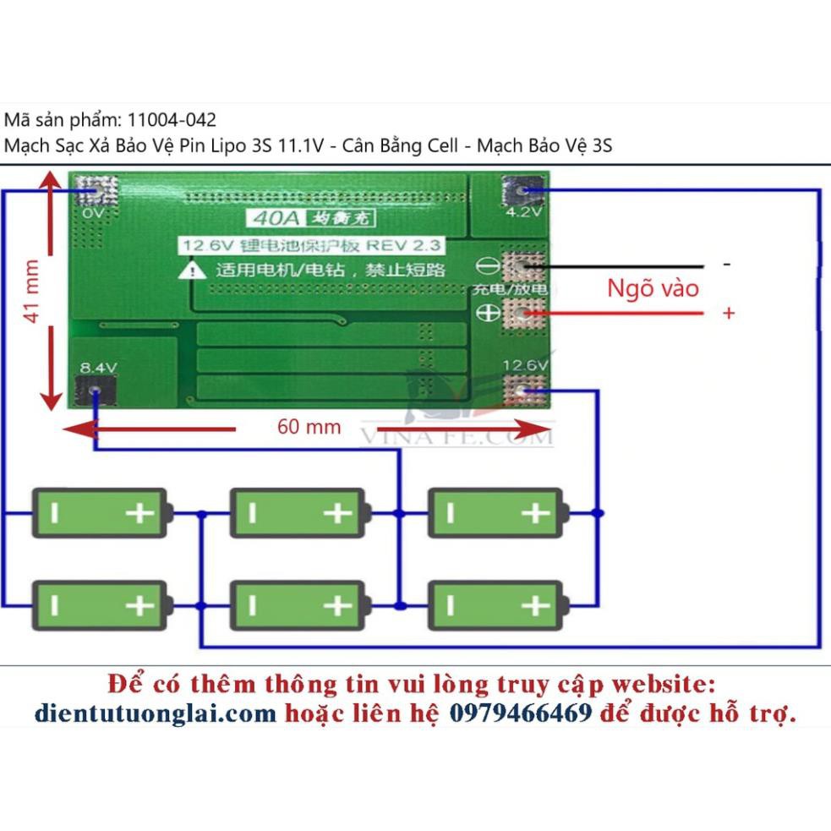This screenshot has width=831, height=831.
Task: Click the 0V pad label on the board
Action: pos(94,214)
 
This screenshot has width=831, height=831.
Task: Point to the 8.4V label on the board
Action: pos(97,368)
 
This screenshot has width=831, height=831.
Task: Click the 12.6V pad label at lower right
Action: pos(526,365)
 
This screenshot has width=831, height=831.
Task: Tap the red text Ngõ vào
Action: pos(653,288)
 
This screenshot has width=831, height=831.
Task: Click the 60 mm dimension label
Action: pos(309,427)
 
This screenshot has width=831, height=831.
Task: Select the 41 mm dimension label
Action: pos(32,290)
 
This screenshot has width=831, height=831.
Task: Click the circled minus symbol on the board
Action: pos(489,266)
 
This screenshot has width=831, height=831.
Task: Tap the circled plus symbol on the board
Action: pos(489,313)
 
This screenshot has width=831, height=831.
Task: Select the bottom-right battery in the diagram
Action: pos(496,605)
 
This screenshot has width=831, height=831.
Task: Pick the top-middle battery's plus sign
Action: pos(336,512)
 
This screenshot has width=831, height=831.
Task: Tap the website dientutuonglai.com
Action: pos(156,713)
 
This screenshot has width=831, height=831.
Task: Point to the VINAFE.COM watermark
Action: pos(457,436)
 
